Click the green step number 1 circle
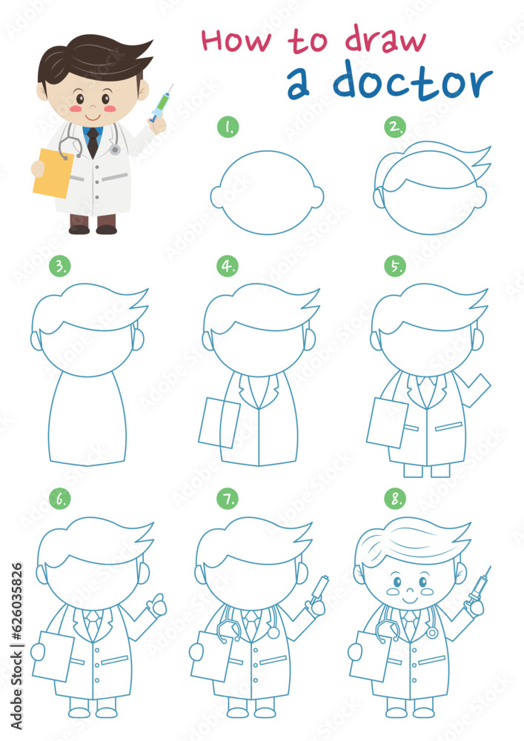coord(228,127)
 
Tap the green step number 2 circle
coord(395,127)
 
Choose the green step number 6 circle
coord(59,499)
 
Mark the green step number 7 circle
coord(228,499)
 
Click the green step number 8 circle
coord(395,499)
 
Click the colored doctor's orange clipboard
coord(52,173)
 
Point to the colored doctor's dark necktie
coord(92,142)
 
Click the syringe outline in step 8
coord(477,587)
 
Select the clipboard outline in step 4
coord(219,422)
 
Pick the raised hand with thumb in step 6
coord(156,607)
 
